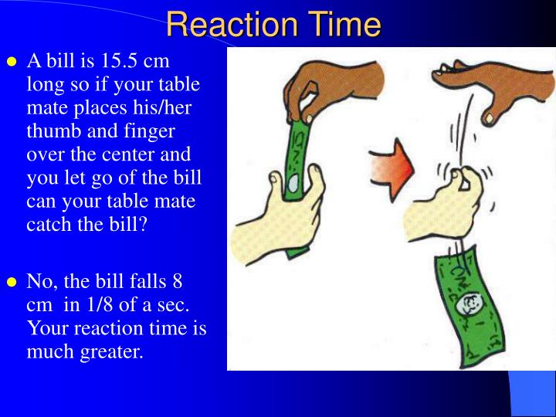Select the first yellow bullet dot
click(12, 62)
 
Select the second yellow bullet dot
click(12, 282)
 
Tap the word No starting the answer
click(39, 280)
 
